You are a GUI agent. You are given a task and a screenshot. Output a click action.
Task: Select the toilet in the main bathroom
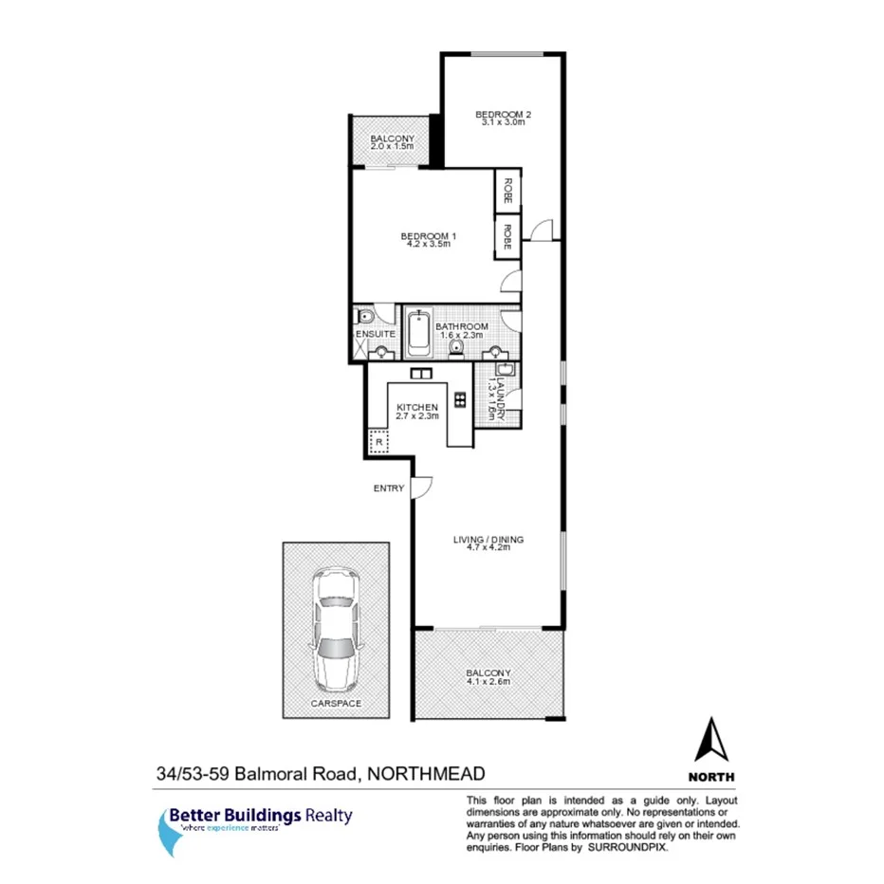pyautogui.click(x=458, y=349)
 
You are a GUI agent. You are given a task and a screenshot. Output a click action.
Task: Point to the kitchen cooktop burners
pyautogui.click(x=460, y=399)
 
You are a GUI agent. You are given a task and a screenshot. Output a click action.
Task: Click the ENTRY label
pyautogui.click(x=389, y=488)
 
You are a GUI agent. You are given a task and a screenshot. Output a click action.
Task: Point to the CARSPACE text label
pyautogui.click(x=337, y=704)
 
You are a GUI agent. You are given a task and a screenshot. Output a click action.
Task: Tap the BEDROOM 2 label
pyautogui.click(x=503, y=115)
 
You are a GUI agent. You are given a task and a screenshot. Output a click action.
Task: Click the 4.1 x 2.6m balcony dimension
pyautogui.click(x=488, y=681)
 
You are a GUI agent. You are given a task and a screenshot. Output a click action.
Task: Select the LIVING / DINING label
pyautogui.click(x=488, y=540)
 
